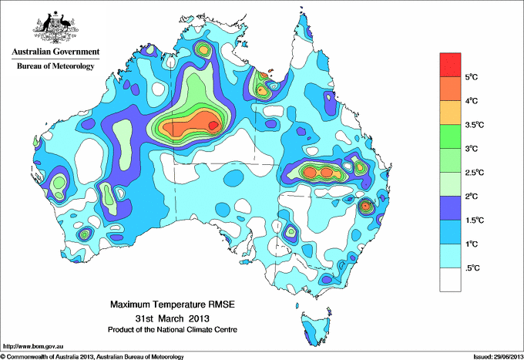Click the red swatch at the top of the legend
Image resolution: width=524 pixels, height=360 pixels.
(451, 65)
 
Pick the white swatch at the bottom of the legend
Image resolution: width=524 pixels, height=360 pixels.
(451, 279)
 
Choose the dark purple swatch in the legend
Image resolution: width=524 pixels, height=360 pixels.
(451, 207)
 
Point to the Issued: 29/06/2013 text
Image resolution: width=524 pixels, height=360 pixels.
(496, 355)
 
